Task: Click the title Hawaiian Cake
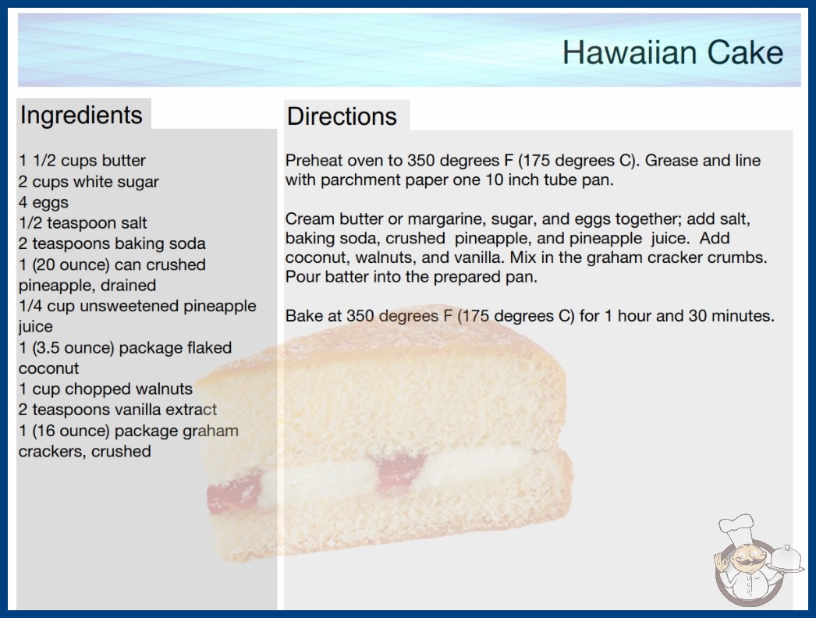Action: point(672,52)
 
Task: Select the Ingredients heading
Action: point(81,115)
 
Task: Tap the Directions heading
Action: point(342,116)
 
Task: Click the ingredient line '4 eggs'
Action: point(44,203)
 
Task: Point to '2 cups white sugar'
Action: point(89,182)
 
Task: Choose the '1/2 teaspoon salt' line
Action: point(83,223)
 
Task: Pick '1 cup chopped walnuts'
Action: point(105,389)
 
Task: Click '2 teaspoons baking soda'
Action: point(112,243)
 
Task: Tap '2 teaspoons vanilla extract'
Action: point(118,410)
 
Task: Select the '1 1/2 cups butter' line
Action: point(82,161)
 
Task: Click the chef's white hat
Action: point(736,527)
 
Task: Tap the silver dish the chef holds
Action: point(786,559)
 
